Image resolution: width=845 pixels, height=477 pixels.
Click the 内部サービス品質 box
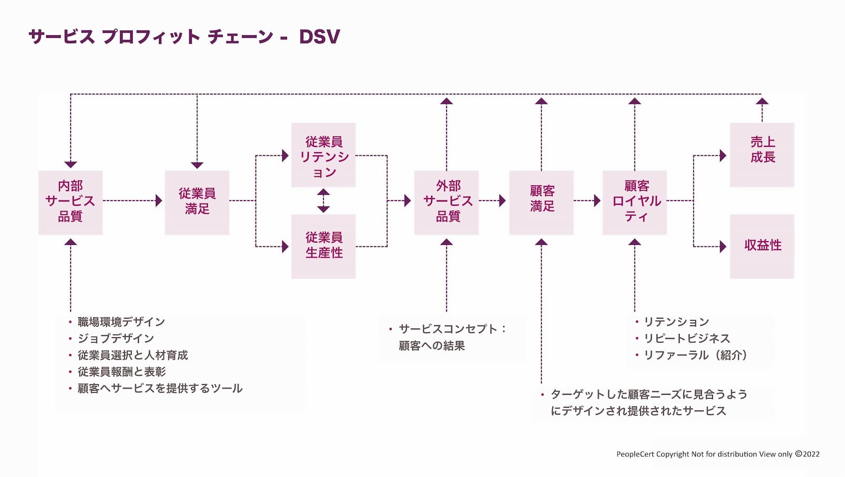pos(71,202)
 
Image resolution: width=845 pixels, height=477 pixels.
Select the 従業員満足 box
pos(197,202)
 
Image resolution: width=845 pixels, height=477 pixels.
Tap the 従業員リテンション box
pos(323,155)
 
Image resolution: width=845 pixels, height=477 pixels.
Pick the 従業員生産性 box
pos(323,246)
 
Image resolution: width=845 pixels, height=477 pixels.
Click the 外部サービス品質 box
pos(446,202)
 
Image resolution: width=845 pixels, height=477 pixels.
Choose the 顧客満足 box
pos(541,202)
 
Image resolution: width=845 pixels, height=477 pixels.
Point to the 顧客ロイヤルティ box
pos(634,202)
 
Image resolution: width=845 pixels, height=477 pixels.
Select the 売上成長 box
pos(762,155)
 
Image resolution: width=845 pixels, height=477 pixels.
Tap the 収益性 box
pos(762,246)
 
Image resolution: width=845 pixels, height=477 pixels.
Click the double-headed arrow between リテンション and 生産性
pos(323,201)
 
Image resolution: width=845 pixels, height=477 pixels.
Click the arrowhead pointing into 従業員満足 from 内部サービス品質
pos(159,201)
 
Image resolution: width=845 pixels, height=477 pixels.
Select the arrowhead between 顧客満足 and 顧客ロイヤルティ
pos(597,201)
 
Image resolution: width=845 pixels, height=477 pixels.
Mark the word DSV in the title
pos(319,37)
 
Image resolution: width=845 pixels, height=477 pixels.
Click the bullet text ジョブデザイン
pos(116,339)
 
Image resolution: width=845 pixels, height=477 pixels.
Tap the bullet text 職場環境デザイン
pos(121,322)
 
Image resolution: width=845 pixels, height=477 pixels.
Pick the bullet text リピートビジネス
pos(687,339)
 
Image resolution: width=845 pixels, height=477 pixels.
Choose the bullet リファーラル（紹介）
pos(695,355)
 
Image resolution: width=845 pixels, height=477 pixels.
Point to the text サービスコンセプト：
pos(452,329)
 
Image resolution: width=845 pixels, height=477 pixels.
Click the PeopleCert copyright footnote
pos(718,454)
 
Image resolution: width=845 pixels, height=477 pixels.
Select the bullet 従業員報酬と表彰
pos(122,372)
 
